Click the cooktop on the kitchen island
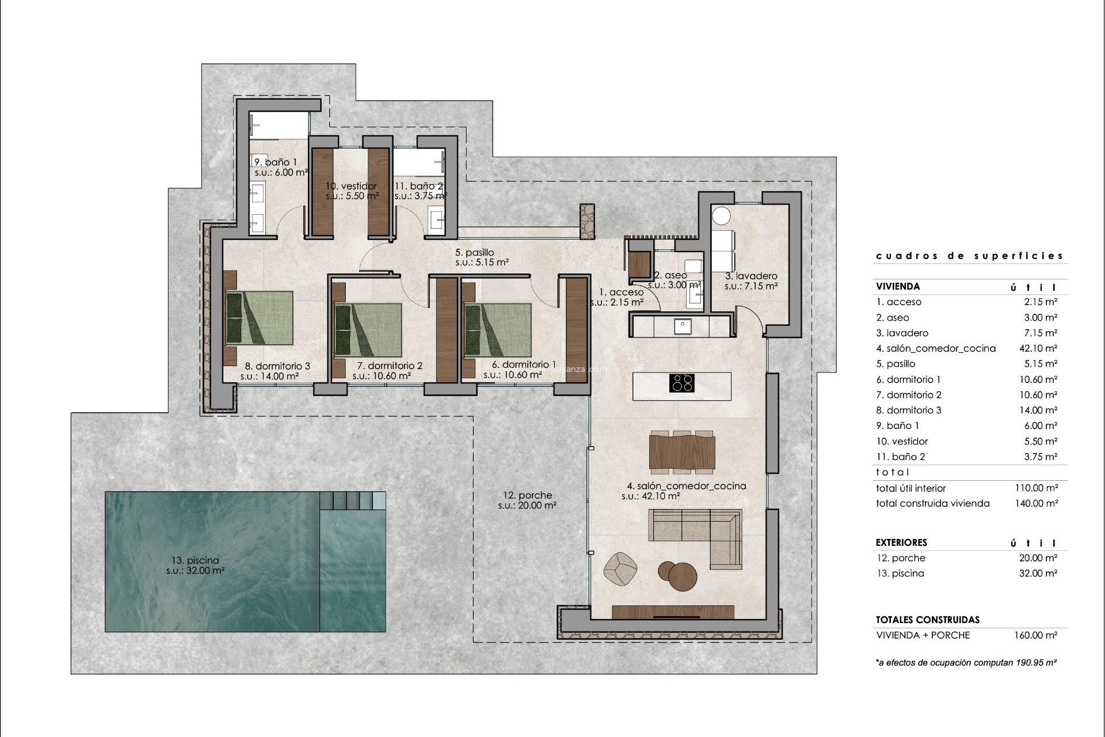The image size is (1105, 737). point(682,383)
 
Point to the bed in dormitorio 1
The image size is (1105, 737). point(498,330)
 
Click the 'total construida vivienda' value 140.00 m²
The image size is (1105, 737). point(1036,503)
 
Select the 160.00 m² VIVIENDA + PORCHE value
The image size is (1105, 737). point(1036,636)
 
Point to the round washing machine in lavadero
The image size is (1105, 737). point(721,216)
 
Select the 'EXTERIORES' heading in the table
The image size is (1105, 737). point(901,542)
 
